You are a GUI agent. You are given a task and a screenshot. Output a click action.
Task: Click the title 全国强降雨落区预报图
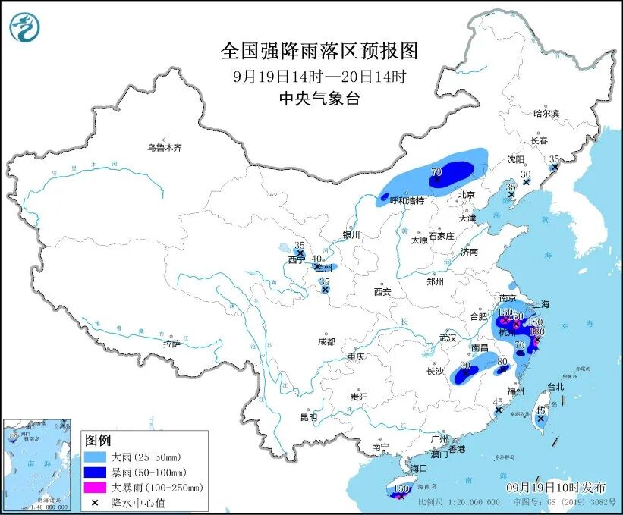pos(319,51)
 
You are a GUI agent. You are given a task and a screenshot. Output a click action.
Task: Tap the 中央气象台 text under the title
pos(319,98)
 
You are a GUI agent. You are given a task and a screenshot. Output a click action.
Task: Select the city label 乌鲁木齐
pos(165,147)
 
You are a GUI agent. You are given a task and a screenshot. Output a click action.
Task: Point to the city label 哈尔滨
pos(546,114)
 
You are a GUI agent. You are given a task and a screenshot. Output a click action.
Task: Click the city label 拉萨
pos(171,344)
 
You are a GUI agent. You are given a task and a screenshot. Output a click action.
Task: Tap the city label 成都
pos(327,341)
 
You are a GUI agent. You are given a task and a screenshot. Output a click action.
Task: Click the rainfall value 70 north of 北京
pos(436,172)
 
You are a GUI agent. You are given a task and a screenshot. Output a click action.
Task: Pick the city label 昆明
pos(308,416)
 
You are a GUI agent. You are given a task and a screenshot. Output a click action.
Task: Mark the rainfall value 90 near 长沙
pos(465,366)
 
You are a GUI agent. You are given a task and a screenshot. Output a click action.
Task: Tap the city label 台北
pos(555,386)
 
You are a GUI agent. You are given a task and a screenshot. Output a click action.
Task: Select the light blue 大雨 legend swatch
pos(96,458)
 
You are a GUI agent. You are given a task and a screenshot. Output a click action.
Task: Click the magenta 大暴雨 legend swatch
pos(96,487)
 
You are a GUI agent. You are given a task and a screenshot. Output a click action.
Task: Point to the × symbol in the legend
pos(96,501)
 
